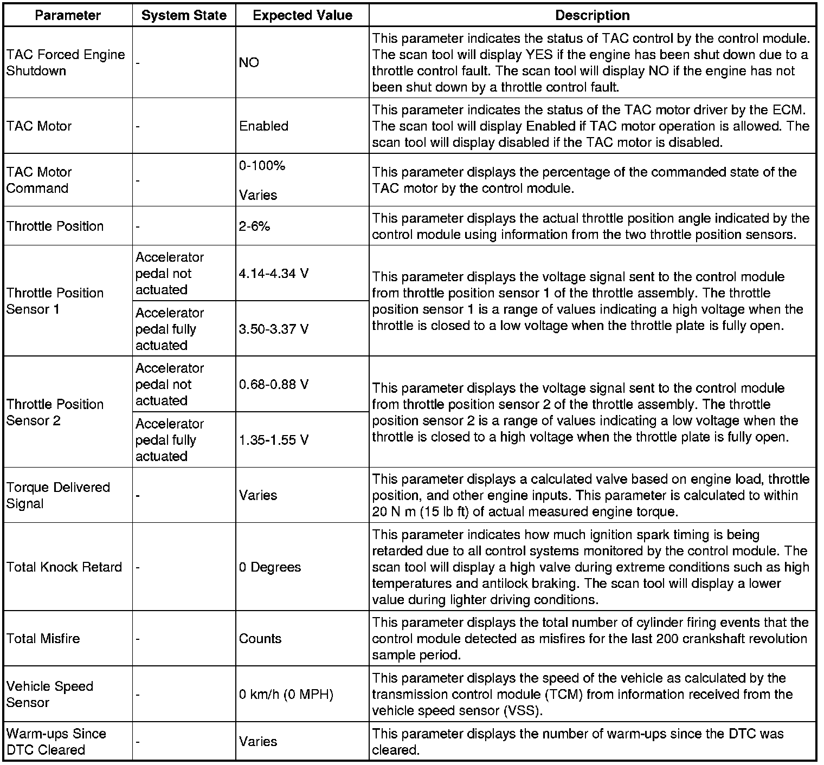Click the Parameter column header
[x=68, y=15]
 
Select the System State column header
[x=184, y=15]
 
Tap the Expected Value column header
[x=302, y=15]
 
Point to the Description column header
[x=593, y=15]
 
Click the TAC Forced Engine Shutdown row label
[x=66, y=63]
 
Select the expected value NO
[x=249, y=63]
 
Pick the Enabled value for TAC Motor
[x=263, y=126]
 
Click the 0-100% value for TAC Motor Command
[x=262, y=166]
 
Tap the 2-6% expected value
[x=254, y=226]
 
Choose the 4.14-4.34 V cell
[x=274, y=274]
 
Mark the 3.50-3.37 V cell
[x=274, y=329]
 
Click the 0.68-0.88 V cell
[x=274, y=385]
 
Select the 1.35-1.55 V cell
[x=274, y=440]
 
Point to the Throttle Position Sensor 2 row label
[x=55, y=412]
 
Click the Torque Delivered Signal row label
[x=58, y=495]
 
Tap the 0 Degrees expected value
[x=270, y=567]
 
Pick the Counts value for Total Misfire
[x=260, y=639]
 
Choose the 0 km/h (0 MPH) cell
[x=286, y=695]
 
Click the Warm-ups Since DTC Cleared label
[x=56, y=742]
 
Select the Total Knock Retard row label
[x=64, y=567]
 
